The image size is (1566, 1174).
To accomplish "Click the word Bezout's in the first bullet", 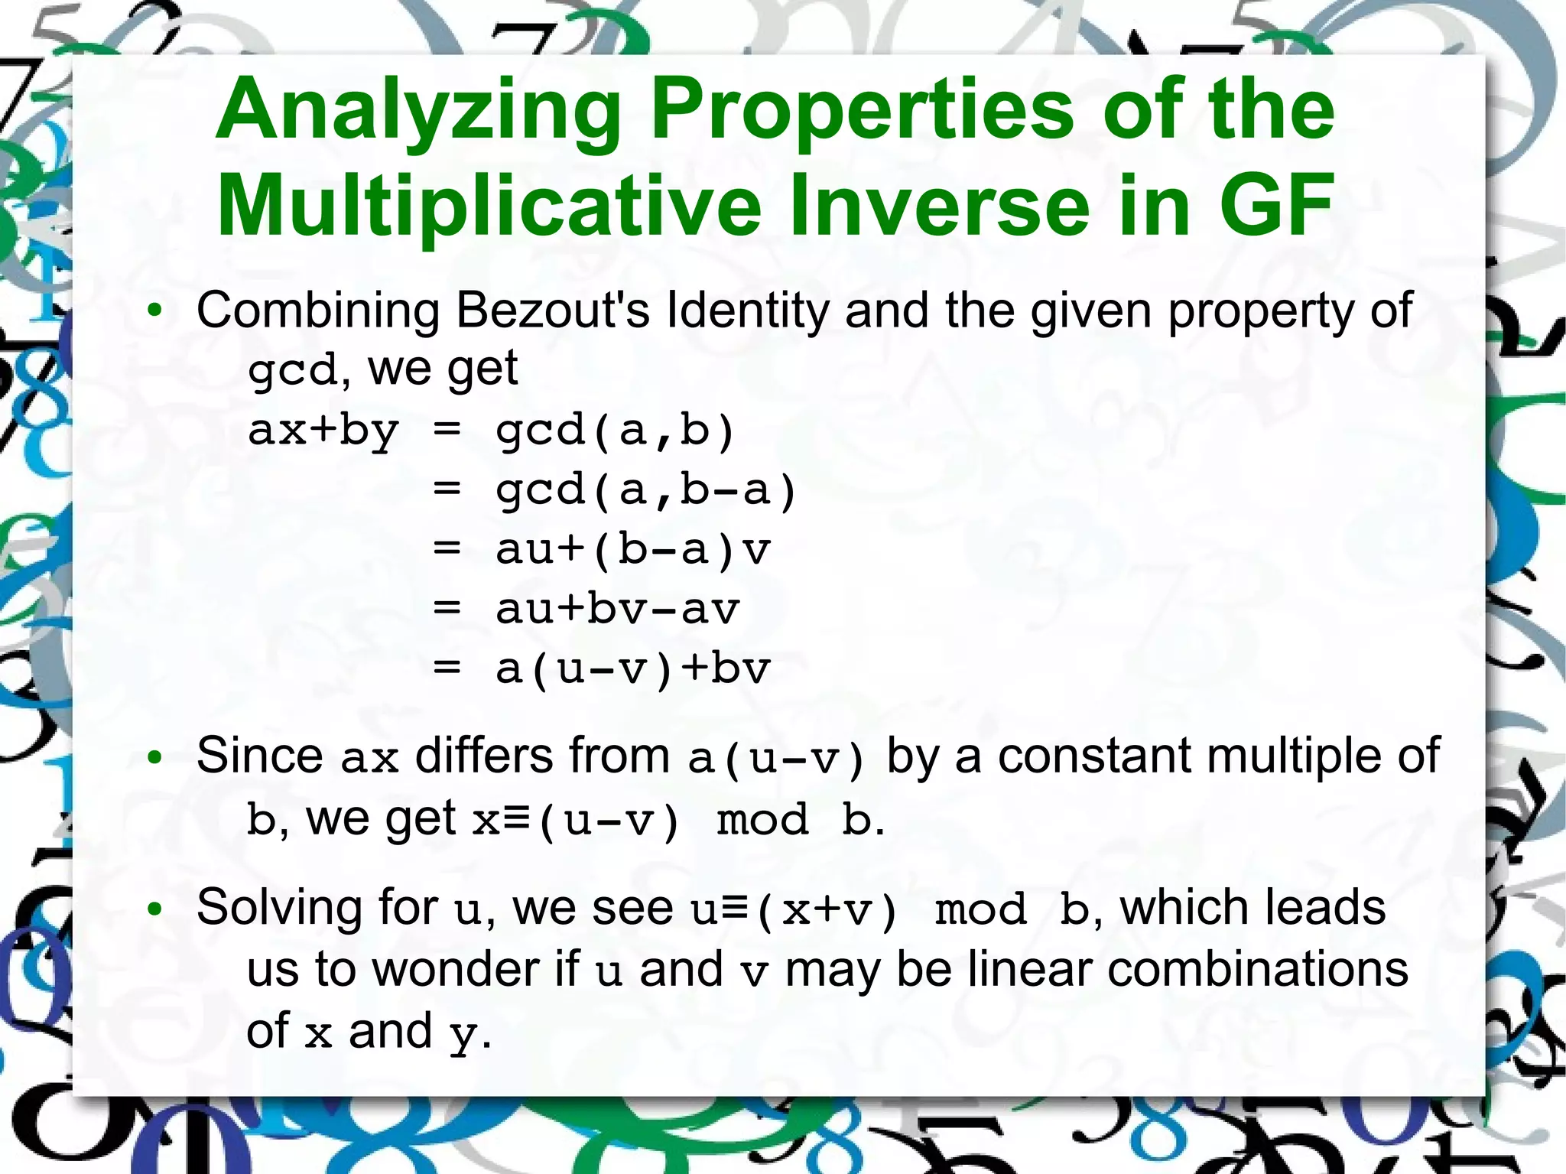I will [x=553, y=311].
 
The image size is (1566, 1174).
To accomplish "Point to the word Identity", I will [x=748, y=311].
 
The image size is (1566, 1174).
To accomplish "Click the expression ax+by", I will [x=323, y=431].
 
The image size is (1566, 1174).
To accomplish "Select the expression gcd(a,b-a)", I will [x=647, y=490].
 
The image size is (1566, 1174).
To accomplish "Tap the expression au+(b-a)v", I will [x=633, y=550].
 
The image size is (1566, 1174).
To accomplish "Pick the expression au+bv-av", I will [x=618, y=610].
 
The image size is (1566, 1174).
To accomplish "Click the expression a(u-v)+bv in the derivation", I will [x=633, y=669].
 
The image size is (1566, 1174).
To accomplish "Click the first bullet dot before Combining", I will [x=155, y=311].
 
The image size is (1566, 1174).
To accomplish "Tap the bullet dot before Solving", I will [x=155, y=909].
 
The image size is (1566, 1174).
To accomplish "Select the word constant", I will [x=1096, y=756].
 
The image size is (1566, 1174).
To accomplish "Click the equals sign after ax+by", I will [x=447, y=431].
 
